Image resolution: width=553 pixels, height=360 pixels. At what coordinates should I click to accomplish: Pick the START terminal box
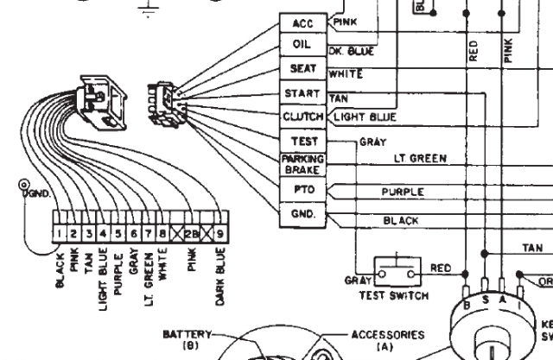click(302, 92)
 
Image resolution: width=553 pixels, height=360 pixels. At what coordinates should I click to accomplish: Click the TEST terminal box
click(302, 141)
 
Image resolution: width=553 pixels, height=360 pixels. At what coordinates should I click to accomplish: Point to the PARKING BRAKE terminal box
click(302, 164)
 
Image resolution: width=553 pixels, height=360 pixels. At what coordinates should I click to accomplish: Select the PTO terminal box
click(302, 188)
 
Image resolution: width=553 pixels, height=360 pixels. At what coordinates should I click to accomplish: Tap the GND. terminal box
click(302, 212)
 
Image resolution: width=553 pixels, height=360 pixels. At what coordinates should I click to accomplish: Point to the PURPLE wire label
click(404, 192)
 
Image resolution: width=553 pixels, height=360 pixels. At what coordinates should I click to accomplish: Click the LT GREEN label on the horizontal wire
click(420, 159)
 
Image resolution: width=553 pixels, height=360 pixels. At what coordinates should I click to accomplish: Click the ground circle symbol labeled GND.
click(23, 186)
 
